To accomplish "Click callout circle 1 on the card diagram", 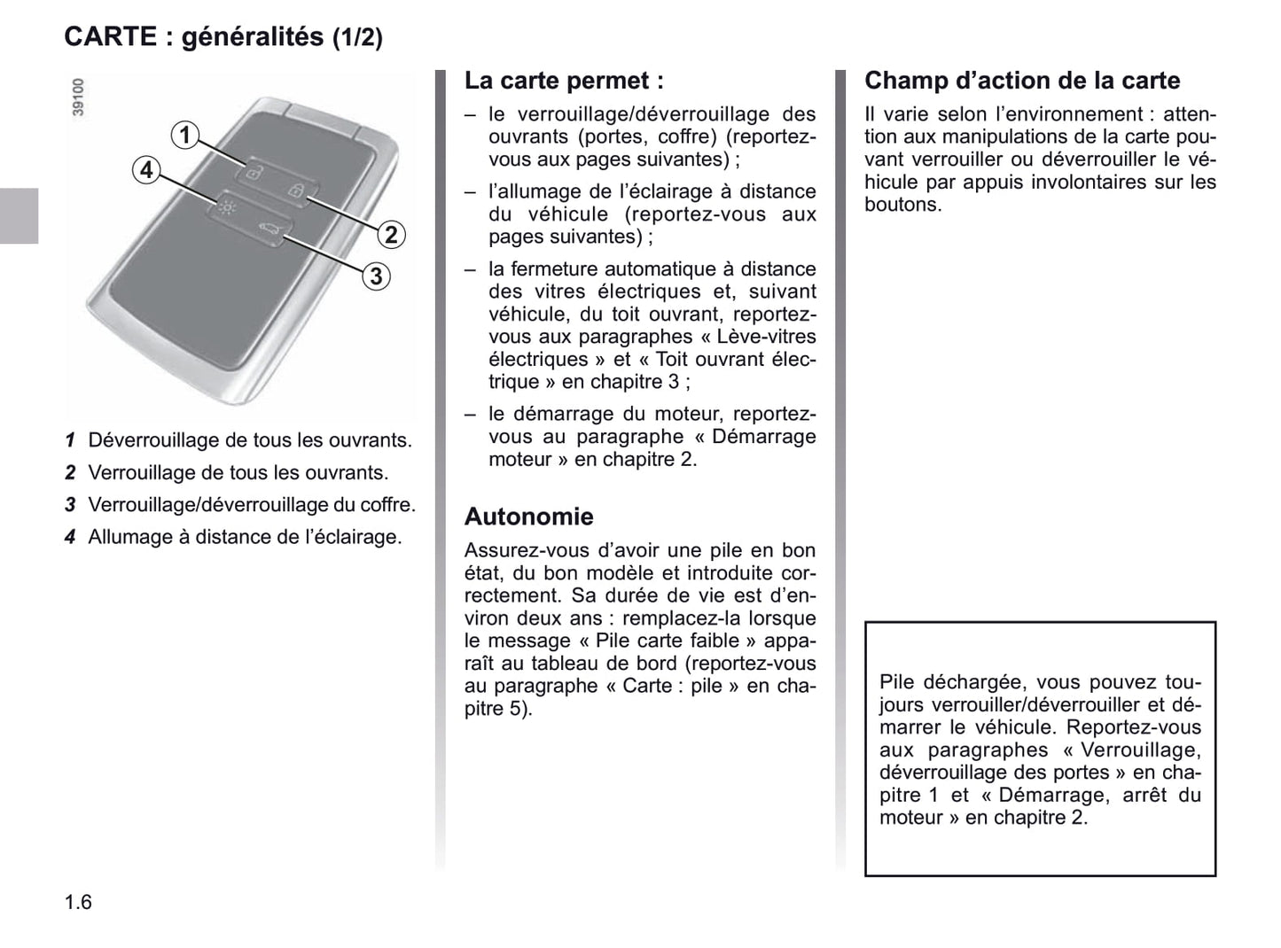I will pos(184,135).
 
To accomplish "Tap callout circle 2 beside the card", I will pos(391,235).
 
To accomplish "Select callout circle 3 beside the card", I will pos(376,276).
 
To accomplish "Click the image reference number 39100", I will pos(78,97).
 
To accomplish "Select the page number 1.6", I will pos(78,902).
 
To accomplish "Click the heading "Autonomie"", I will pos(528,517).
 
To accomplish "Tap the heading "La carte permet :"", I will pos(564,81).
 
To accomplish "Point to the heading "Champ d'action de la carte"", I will pos(1022,81).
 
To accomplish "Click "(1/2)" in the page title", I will pos(357,38).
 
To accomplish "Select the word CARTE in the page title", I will pos(108,37).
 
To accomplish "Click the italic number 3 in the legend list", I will pos(70,505).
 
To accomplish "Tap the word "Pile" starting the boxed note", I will pos(897,682).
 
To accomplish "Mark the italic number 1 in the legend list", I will pos(70,440).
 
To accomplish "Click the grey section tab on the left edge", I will pos(19,215).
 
